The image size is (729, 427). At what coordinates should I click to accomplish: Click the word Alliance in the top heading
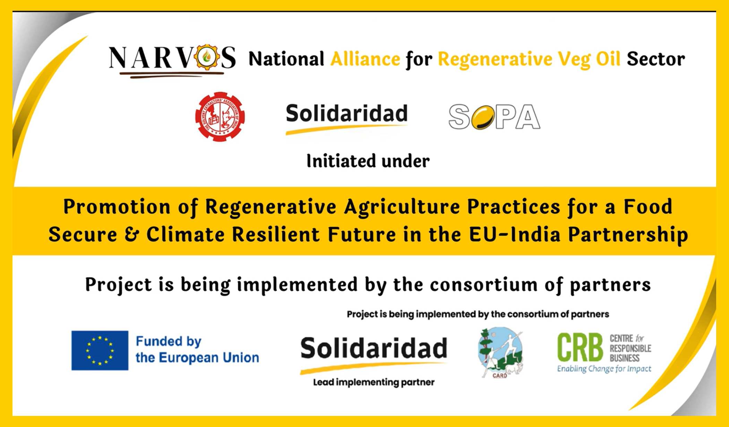(365, 59)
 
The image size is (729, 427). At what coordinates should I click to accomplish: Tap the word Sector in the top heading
(655, 59)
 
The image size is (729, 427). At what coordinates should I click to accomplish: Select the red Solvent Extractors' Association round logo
(220, 117)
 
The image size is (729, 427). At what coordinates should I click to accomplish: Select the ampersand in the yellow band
(132, 234)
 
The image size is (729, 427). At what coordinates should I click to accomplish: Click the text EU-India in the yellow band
(515, 234)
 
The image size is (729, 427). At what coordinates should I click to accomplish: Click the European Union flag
(100, 350)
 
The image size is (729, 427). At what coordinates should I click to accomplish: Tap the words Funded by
(169, 341)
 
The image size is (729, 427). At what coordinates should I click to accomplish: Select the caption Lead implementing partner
(374, 382)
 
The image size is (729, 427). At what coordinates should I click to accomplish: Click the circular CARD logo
(500, 352)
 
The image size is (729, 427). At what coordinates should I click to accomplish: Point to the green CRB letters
(580, 348)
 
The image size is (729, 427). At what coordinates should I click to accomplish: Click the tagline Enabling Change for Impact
(604, 369)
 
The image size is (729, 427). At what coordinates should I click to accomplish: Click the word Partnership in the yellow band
(628, 234)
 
